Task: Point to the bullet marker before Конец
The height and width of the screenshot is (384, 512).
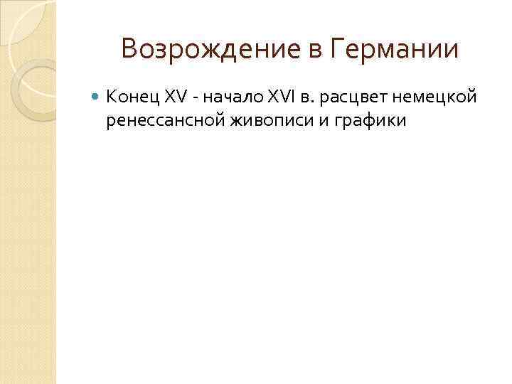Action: point(97,95)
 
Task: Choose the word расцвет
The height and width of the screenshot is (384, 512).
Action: point(349,97)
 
